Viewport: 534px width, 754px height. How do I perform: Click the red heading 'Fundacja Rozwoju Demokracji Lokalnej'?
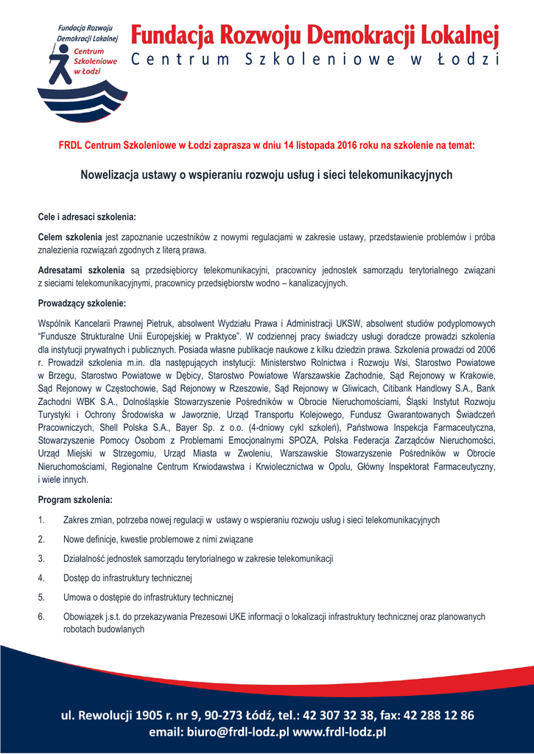(315, 35)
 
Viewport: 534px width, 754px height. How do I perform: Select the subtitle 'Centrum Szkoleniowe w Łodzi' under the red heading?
(315, 60)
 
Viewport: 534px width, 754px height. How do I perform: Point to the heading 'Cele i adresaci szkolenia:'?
(87, 217)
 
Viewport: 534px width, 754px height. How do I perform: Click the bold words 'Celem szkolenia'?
(70, 237)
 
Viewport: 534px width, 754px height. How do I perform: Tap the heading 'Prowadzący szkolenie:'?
(82, 303)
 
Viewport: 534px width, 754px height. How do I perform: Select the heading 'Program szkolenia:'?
(74, 500)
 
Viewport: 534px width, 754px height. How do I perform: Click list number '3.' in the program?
(41, 558)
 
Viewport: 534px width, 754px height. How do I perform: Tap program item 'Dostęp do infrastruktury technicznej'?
(128, 577)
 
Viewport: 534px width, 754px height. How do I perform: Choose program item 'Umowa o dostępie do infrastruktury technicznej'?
(148, 596)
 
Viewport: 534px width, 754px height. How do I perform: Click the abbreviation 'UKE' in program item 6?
(233, 616)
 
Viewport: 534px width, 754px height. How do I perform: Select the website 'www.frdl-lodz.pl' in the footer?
(340, 732)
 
